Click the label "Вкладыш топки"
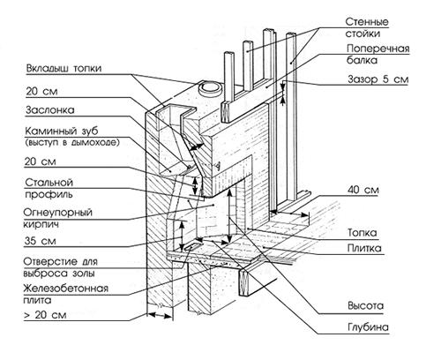(64, 68)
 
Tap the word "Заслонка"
(50, 110)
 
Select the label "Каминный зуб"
(62, 131)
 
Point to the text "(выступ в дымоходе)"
(72, 143)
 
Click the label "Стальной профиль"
(49, 189)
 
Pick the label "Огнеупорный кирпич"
(58, 218)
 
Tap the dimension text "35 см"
(40, 241)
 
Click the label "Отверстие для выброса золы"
(61, 267)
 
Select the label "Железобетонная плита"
(66, 294)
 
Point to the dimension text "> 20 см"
(45, 315)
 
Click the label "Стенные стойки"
(367, 27)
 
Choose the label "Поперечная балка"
(377, 54)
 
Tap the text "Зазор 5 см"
(378, 79)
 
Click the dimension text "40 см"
(363, 190)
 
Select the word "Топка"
(363, 233)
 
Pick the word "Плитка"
(364, 249)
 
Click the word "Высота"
(366, 306)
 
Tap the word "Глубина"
(368, 327)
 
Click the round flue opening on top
(210, 88)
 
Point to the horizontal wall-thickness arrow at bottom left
(159, 316)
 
